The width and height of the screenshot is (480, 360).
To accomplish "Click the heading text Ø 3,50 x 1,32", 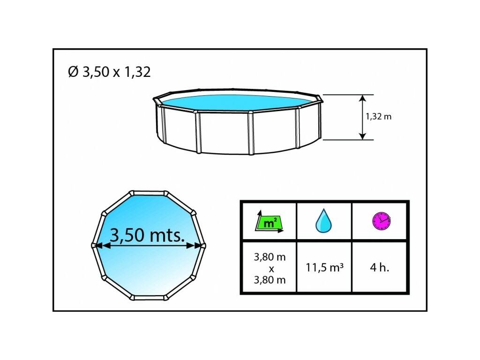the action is [109, 72].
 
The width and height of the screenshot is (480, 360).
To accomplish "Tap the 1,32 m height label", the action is [378, 117].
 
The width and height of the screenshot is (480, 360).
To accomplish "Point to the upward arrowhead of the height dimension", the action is [362, 98].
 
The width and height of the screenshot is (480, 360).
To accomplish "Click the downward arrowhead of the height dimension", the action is [362, 136].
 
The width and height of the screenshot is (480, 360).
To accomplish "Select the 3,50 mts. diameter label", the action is [147, 235].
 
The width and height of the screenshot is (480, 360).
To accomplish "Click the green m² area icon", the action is [270, 221].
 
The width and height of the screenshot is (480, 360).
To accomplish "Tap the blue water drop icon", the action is [323, 220].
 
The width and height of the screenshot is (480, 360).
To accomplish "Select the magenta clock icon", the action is [381, 220].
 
